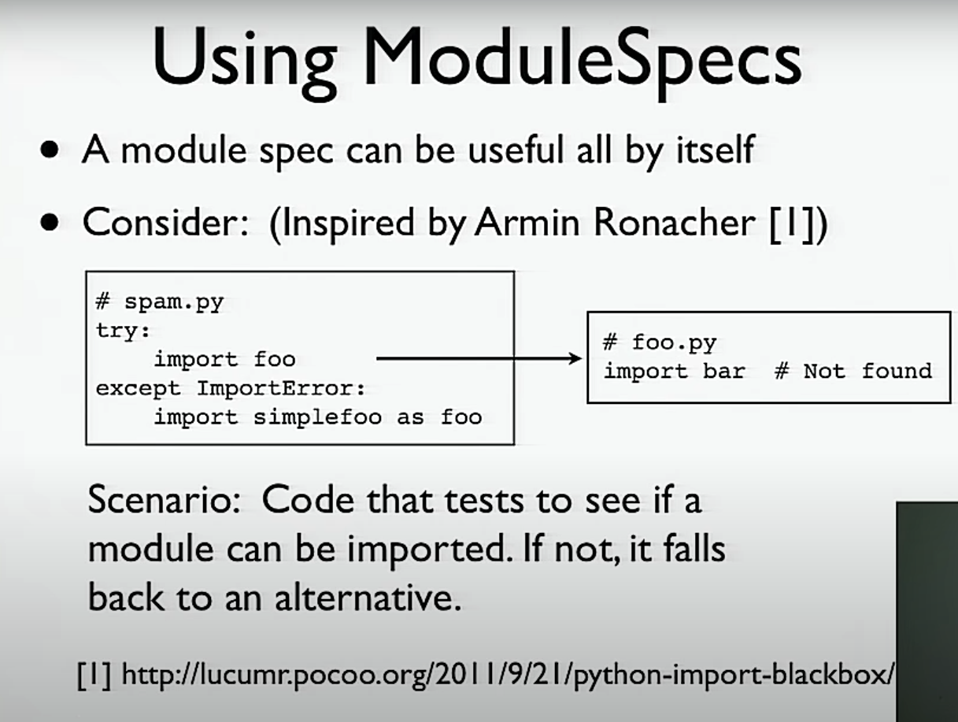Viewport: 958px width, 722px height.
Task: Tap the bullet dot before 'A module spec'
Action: tap(50, 150)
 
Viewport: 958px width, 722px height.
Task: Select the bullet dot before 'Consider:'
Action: tap(50, 223)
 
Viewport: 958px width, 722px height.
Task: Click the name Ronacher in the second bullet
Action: tap(675, 223)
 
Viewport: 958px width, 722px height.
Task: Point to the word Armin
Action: tap(527, 223)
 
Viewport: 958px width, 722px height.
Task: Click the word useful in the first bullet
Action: tap(516, 150)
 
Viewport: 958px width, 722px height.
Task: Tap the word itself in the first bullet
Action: tap(716, 150)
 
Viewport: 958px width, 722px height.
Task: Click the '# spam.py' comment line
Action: tap(160, 302)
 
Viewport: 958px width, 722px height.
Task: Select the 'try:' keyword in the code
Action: tap(123, 331)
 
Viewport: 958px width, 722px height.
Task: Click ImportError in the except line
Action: tap(281, 388)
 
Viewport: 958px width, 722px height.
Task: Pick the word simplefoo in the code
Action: tap(318, 417)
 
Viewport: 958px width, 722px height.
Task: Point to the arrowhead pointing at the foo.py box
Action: tap(575, 359)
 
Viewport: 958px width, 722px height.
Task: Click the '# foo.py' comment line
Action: tap(660, 342)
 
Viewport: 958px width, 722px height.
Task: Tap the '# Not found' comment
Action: tap(853, 371)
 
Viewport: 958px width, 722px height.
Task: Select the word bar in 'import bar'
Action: tap(724, 371)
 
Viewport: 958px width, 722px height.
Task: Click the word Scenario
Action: tap(164, 500)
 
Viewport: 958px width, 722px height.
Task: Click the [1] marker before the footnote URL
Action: tap(94, 675)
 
